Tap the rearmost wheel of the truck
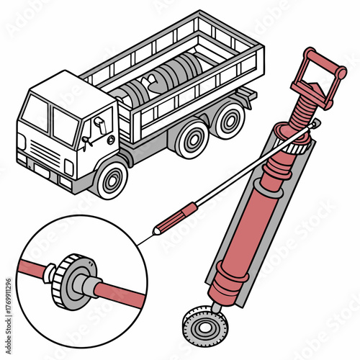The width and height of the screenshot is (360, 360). coord(228,120)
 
